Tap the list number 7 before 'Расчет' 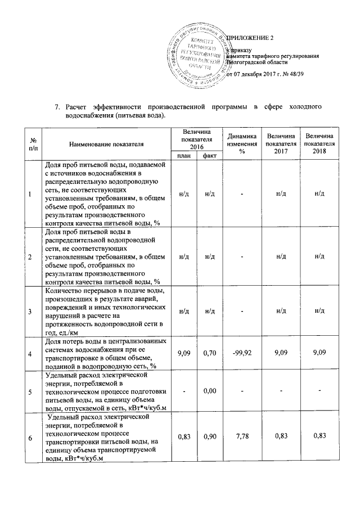coord(57,107)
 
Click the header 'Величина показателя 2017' coord(281,145)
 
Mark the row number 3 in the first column coord(30,311)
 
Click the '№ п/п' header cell coord(30,145)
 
